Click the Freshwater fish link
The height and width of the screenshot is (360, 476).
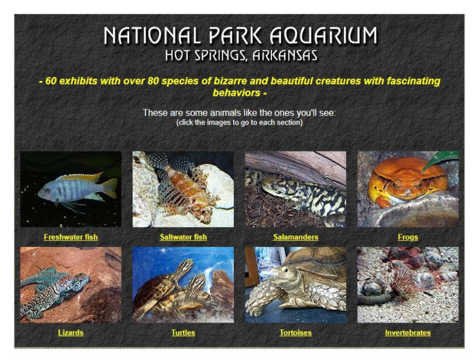click(71, 237)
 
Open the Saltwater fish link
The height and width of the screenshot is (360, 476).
click(183, 237)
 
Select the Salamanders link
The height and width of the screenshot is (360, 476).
click(295, 237)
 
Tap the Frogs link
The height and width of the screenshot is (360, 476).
click(408, 238)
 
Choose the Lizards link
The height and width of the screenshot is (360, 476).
click(71, 333)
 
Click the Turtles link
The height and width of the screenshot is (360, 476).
click(183, 333)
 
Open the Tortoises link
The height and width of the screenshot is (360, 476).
click(295, 333)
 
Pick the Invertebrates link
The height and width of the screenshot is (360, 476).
click(408, 333)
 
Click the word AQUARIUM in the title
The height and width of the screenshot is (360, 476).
click(324, 35)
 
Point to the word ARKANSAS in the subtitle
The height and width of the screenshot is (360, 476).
click(285, 56)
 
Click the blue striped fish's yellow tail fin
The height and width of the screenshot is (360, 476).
click(109, 188)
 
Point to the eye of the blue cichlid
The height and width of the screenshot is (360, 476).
click(46, 191)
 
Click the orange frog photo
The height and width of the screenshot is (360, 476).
click(408, 189)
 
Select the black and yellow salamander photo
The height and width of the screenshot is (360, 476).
click(295, 189)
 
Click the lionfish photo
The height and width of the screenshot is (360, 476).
click(183, 189)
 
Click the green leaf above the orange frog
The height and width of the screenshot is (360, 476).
click(439, 160)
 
